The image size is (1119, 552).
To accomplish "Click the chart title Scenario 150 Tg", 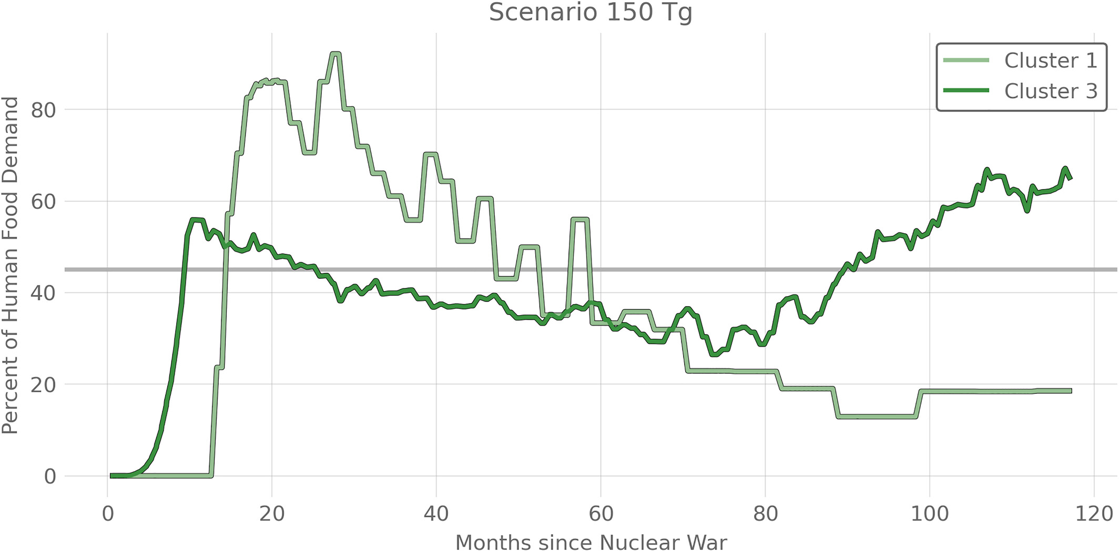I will click(x=591, y=13).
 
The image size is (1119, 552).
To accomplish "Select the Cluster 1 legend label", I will click(x=1051, y=61).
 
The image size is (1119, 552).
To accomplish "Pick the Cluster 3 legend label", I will click(x=1051, y=91).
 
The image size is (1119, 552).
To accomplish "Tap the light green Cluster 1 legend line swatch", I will click(x=966, y=61).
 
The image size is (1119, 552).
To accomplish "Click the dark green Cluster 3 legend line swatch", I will click(x=966, y=91).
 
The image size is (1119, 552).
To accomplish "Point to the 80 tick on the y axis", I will click(x=43, y=110).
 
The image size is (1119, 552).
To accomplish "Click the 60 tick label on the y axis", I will click(x=43, y=202).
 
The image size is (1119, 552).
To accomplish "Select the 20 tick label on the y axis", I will click(x=43, y=385).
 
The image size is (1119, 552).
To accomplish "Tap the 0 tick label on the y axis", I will click(x=50, y=477).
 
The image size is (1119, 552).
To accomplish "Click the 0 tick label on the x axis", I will click(x=108, y=514).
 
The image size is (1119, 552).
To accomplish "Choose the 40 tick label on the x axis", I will click(x=436, y=514).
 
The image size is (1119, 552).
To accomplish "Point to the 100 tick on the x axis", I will click(x=929, y=514).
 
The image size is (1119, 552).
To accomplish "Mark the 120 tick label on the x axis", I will click(x=1094, y=514).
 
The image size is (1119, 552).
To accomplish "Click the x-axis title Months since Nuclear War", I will click(x=591, y=542).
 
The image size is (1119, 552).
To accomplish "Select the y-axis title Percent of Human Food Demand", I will click(x=11, y=265).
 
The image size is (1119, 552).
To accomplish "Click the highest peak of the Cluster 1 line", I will click(x=335, y=54).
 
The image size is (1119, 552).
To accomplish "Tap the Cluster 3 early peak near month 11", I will click(x=196, y=220).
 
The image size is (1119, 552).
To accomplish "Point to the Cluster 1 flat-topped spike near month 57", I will click(x=580, y=220).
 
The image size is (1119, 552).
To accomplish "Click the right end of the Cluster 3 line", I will click(x=1071, y=179).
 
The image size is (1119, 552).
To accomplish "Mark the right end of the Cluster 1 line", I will click(x=1071, y=391).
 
